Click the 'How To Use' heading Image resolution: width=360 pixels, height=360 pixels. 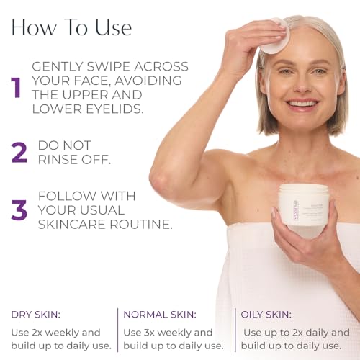coord(71,27)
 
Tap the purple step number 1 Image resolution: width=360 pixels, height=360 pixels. coord(16,86)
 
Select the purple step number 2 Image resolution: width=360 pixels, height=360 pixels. coord(18,152)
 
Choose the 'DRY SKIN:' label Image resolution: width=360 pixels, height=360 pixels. coord(35,314)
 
